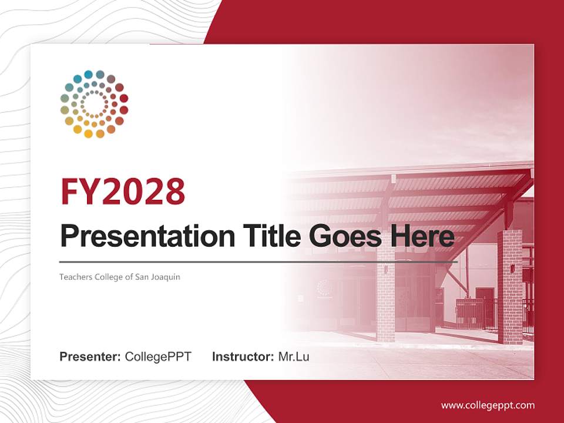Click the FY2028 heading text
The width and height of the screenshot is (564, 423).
tap(123, 191)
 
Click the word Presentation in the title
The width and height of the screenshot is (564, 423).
tap(139, 236)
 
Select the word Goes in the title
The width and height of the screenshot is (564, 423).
tap(341, 236)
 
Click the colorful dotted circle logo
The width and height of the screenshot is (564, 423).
tap(94, 104)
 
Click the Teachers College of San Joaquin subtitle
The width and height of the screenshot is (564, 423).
tap(120, 277)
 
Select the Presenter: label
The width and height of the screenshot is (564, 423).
tap(90, 357)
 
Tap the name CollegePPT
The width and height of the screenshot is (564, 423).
tap(158, 357)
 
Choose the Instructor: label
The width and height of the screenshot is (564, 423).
tap(243, 357)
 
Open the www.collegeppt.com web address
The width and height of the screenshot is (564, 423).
tap(488, 405)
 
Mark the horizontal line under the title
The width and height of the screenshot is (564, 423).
tap(258, 261)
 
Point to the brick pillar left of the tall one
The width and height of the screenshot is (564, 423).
tap(385, 294)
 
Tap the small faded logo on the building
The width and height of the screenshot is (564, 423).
tap(323, 287)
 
